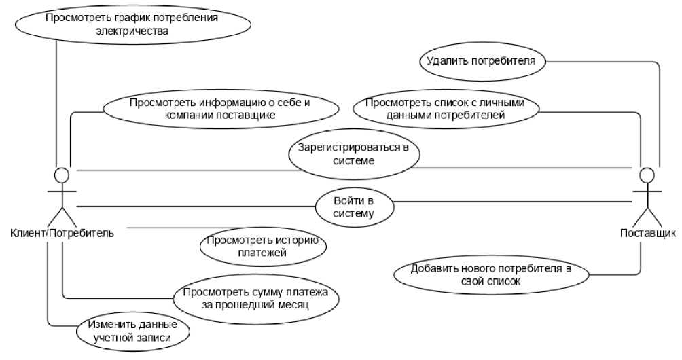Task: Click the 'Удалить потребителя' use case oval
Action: [481, 61]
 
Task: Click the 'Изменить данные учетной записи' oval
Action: [132, 330]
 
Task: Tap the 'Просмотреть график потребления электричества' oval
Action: [132, 24]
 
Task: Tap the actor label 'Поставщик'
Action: [648, 234]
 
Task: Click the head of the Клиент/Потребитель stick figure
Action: [62, 175]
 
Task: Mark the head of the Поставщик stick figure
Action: [648, 176]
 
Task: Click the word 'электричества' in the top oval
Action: [132, 31]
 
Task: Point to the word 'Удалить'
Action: [446, 61]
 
